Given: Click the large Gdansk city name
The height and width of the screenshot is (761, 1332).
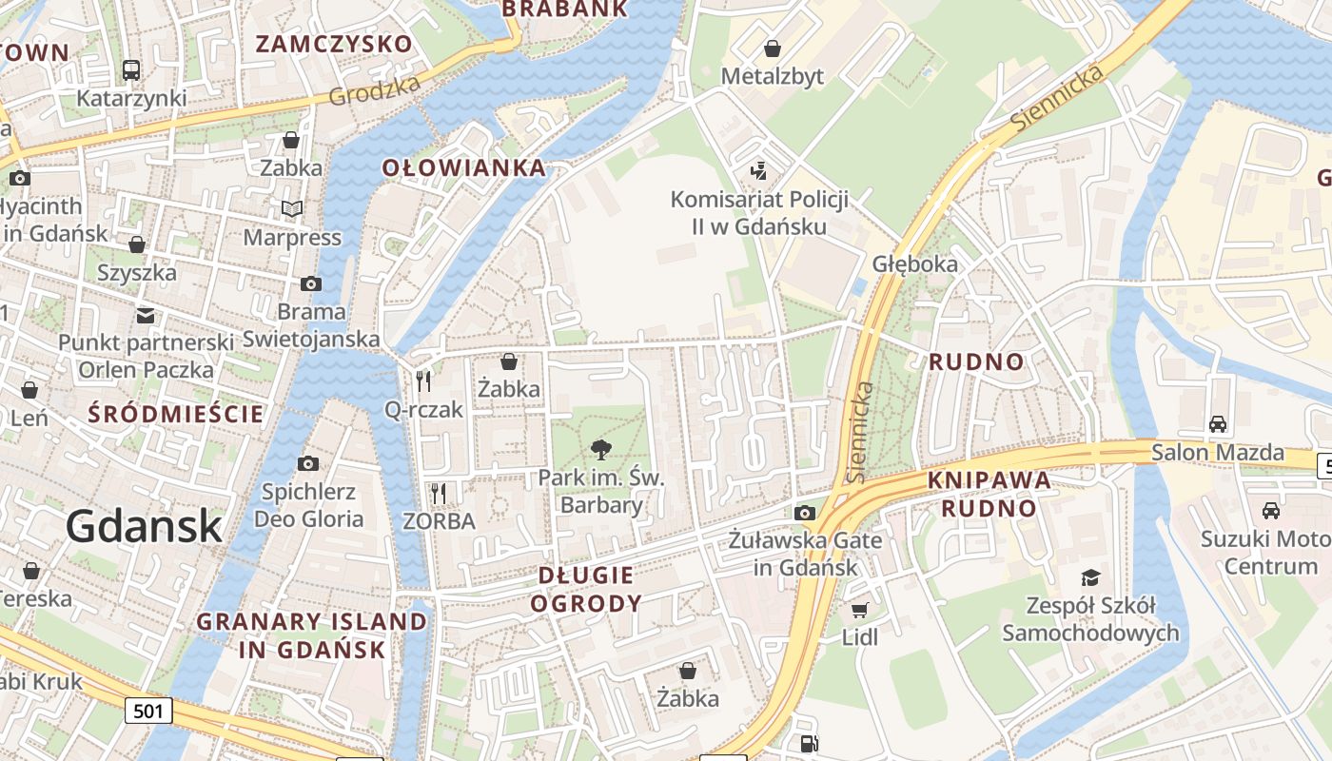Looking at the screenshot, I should (x=145, y=526).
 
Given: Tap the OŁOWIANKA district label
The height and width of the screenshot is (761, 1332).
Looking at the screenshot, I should (x=464, y=168).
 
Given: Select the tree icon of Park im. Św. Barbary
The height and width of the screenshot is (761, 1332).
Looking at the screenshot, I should (x=600, y=449).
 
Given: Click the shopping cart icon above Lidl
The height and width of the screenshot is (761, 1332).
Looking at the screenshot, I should (x=859, y=610).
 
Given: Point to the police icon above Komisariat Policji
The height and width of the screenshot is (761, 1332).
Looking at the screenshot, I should (x=758, y=171).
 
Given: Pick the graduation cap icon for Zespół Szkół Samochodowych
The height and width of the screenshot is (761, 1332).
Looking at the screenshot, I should (x=1089, y=577).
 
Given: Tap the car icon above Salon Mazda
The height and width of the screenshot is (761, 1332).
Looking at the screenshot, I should (x=1217, y=424).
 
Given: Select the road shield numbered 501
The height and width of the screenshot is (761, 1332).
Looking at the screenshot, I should (x=148, y=709).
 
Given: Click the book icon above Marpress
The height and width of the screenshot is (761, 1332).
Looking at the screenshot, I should (x=291, y=208).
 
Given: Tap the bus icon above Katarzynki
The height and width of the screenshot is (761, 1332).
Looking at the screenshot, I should (x=131, y=69).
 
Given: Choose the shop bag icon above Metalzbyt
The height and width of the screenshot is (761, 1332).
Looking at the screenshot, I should (x=773, y=48).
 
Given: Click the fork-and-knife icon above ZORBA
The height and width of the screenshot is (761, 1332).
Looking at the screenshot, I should (x=438, y=493).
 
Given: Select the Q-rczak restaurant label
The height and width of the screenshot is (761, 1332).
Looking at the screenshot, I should (x=423, y=410).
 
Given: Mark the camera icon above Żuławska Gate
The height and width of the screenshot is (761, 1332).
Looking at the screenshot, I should (x=804, y=514).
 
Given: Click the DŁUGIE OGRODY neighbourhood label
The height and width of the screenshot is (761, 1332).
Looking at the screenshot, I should (x=586, y=589).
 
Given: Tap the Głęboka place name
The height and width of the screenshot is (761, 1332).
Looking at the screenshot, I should (x=914, y=263).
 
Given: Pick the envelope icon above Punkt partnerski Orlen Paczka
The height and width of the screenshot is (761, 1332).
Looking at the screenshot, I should (x=145, y=315).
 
